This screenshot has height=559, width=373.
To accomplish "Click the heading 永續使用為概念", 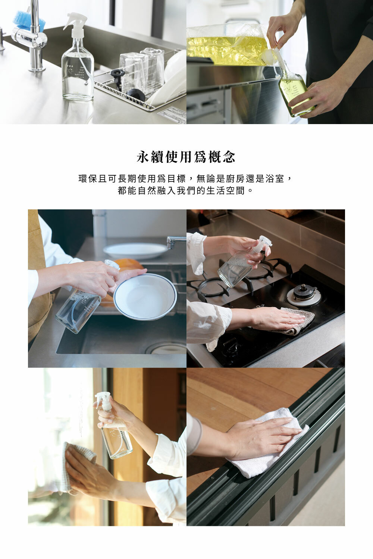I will pyautogui.click(x=186, y=157).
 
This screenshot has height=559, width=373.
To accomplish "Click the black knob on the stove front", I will pyautogui.click(x=231, y=347).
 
